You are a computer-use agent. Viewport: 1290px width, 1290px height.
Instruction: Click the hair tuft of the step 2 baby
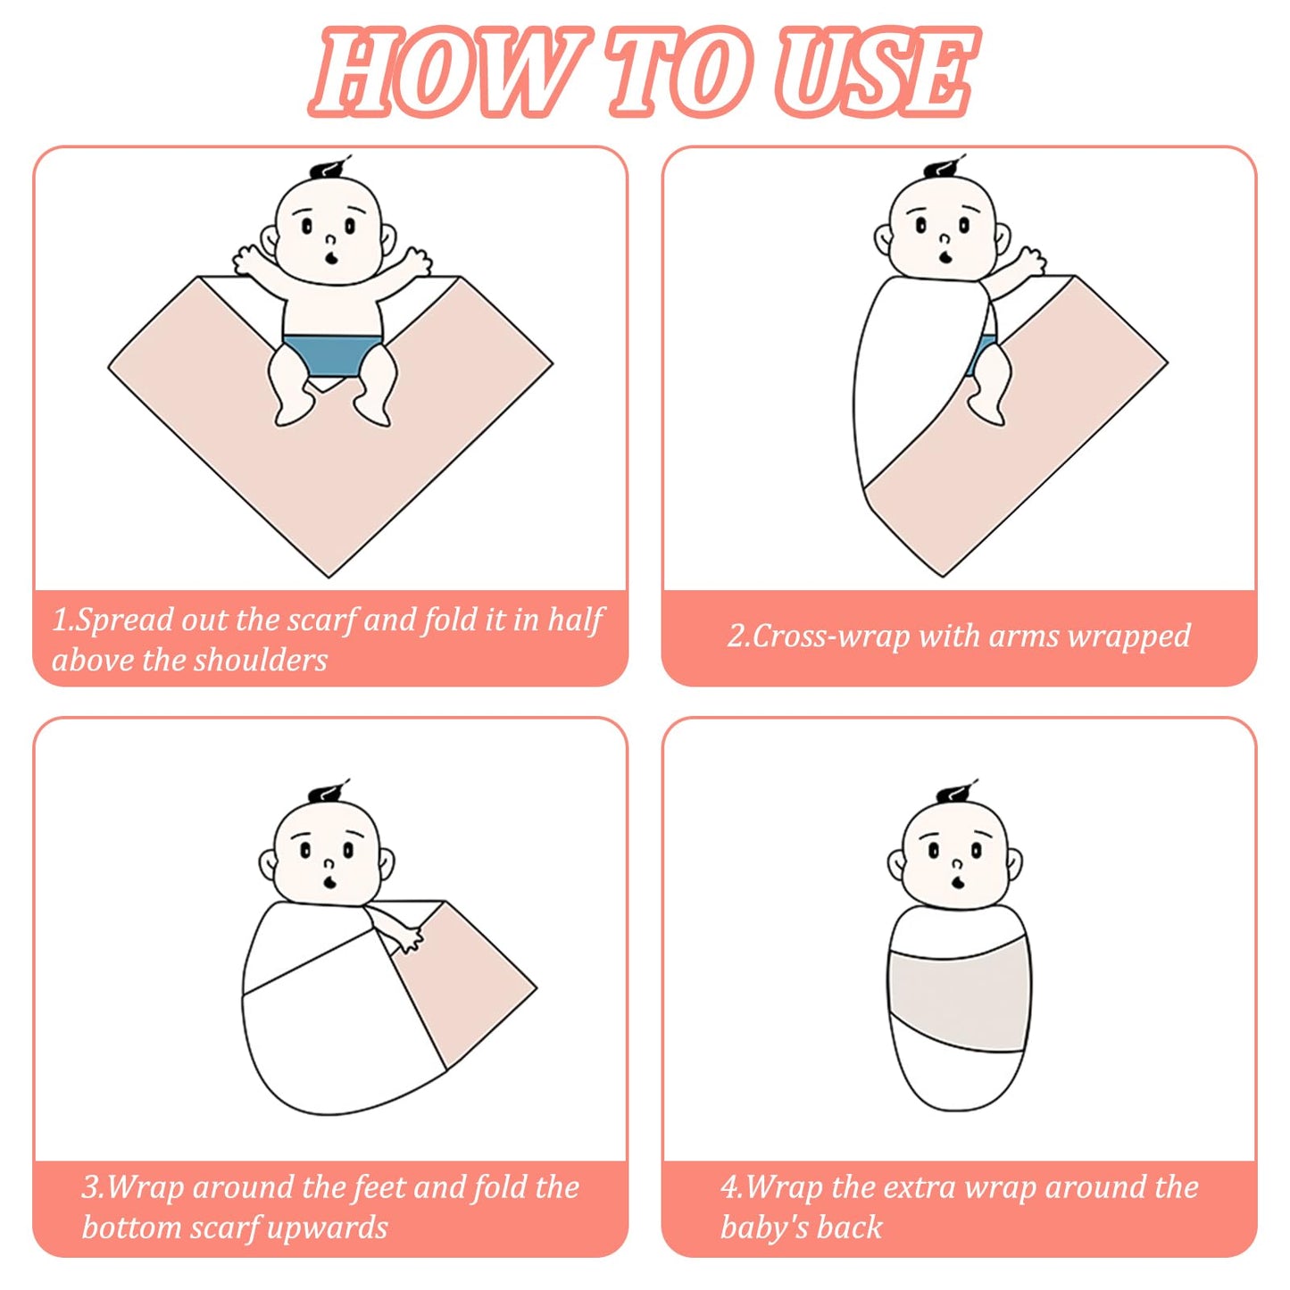945,167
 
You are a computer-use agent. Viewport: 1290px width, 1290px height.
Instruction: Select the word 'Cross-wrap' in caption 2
831,636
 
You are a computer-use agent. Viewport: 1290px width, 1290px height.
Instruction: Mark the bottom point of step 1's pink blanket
329,577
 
